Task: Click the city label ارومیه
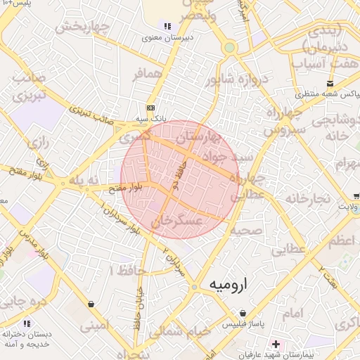pyautogui.click(x=229, y=285)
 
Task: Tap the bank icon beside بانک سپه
pyautogui.click(x=150, y=108)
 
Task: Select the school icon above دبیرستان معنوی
pyautogui.click(x=167, y=26)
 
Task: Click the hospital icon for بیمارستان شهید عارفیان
pyautogui.click(x=276, y=345)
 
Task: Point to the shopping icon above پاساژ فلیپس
pyautogui.click(x=243, y=313)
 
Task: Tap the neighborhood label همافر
pyautogui.click(x=148, y=74)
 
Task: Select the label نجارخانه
pyautogui.click(x=303, y=199)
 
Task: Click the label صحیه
pyautogui.click(x=245, y=230)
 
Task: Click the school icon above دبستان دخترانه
pyautogui.click(x=27, y=323)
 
